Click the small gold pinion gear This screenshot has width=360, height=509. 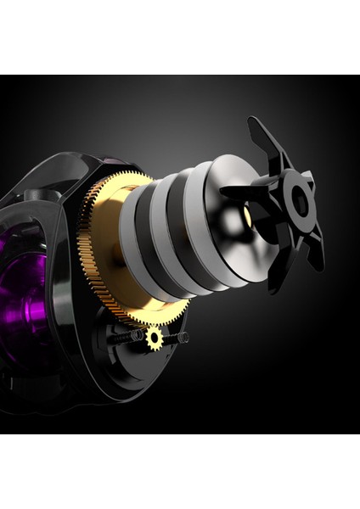pyautogui.click(x=154, y=338)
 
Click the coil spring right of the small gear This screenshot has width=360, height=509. pyautogui.click(x=177, y=338)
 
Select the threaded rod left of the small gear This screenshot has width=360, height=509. pyautogui.click(x=132, y=337)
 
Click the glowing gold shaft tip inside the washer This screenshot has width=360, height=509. pyautogui.click(x=247, y=216)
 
